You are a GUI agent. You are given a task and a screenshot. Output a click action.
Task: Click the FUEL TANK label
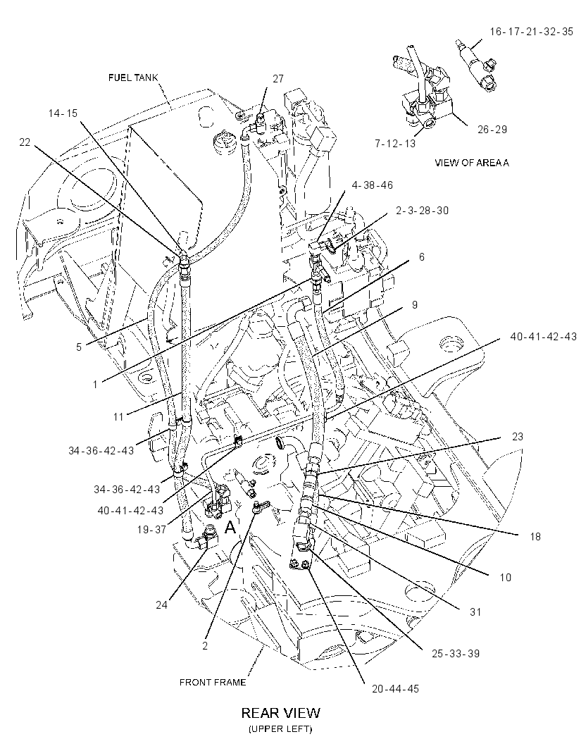point(133,77)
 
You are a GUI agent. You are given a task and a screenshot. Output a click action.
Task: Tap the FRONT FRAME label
point(213,682)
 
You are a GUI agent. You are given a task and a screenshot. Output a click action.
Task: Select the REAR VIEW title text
point(280,713)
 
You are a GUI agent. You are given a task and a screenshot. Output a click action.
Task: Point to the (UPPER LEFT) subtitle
point(280,729)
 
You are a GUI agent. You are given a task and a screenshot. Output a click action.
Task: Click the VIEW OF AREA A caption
point(471,162)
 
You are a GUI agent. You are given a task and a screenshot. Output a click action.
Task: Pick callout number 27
point(278,79)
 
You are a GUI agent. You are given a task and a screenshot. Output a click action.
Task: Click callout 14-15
point(63,113)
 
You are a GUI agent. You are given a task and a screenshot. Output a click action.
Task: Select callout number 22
point(25,142)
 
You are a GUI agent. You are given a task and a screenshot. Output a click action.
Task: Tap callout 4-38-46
point(373,185)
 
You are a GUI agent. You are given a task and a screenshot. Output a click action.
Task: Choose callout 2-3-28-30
point(422,210)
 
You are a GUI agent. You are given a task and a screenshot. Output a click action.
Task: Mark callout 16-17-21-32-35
point(531,32)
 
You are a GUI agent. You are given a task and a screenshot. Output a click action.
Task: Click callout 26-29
point(492,130)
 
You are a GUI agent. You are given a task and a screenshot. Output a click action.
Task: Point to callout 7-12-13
point(395,144)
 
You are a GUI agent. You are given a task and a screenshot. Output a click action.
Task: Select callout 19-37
point(151,529)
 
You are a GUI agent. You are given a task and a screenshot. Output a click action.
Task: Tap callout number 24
point(161,605)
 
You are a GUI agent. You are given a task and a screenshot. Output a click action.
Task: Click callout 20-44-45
point(395,689)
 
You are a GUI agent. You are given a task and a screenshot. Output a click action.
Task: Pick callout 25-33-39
point(456,653)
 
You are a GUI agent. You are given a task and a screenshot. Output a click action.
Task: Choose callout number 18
point(535,536)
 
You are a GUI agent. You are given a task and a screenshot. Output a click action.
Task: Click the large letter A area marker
point(230,528)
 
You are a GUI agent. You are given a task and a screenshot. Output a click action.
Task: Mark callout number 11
point(119,416)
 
